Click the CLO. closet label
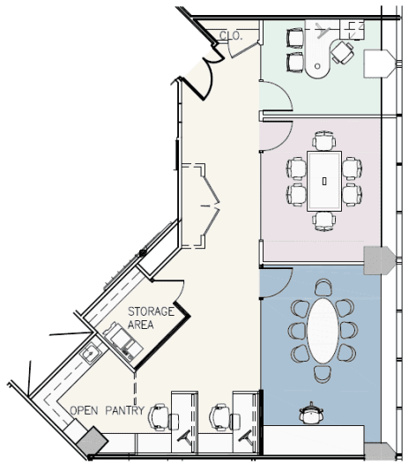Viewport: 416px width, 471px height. (231, 36)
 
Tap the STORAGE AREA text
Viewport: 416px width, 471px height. (151, 318)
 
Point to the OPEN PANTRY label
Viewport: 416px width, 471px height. (108, 410)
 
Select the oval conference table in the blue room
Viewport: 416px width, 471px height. (323, 331)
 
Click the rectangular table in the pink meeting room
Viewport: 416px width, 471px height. (324, 181)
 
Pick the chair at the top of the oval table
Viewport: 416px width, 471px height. (323, 288)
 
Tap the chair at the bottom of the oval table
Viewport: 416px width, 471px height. (323, 374)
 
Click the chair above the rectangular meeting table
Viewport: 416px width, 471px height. (324, 140)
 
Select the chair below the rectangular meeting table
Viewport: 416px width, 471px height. (324, 221)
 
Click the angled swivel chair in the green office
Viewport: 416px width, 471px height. (343, 53)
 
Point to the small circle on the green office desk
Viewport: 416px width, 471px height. (317, 66)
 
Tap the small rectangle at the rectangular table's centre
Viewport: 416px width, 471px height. (324, 181)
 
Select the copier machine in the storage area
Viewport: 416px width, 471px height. (123, 341)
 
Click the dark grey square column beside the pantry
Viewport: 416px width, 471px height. (93, 441)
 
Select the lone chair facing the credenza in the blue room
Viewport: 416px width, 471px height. (311, 414)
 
